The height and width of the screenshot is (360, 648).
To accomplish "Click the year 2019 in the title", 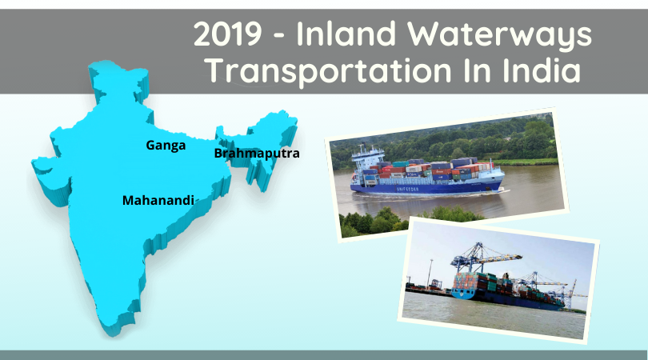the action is pos(227,34).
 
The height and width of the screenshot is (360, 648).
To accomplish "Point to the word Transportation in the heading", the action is pos(329,71).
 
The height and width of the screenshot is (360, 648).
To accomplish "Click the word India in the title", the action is pos(542,70).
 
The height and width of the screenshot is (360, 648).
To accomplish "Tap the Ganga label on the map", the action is pos(166,146).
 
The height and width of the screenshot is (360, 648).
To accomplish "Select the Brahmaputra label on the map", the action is pos(257,154).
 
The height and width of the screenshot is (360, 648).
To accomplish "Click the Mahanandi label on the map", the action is pos(158,201).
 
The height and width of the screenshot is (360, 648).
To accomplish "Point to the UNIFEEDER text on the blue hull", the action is pos(407,189).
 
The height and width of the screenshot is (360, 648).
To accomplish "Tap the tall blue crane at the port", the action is pos(479,258).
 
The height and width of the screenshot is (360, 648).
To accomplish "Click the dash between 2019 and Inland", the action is pos(279,36).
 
